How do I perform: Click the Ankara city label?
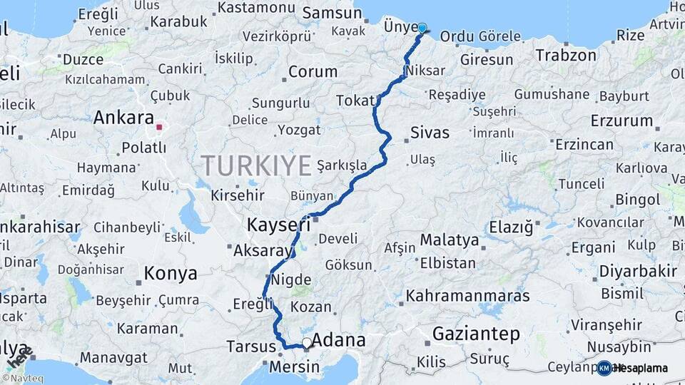pos(123,117)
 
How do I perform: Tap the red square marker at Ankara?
pos(160,128)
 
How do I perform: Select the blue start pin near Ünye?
pos(422,29)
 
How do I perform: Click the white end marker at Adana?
pos(307,343)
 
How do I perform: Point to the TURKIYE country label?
pos(256,165)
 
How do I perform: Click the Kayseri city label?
pos(278,225)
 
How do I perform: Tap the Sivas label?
pos(430,133)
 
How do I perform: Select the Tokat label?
pos(355,101)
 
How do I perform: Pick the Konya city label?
pos(171,272)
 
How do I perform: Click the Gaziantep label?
pos(476,333)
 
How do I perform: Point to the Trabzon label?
pos(566,55)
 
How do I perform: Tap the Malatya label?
pos(449,240)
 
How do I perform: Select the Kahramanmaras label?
pos(468,295)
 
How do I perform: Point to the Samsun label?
pos(332,13)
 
